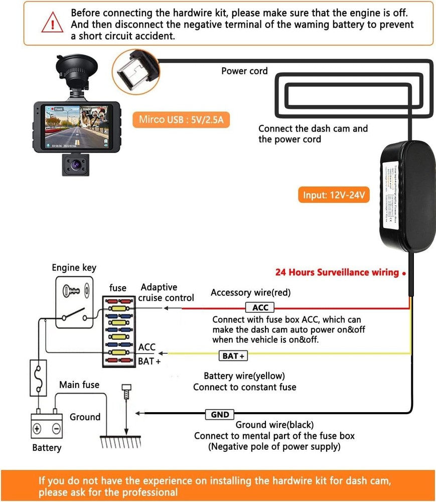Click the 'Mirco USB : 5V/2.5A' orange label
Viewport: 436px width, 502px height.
(181, 120)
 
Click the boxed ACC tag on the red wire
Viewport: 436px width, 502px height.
(260, 308)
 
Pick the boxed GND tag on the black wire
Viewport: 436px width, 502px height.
(220, 414)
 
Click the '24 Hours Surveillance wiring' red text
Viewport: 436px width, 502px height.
(337, 273)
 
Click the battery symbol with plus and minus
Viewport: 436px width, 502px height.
(47, 428)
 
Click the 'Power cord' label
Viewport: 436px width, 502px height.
(244, 71)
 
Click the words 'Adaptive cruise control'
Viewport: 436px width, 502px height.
(166, 292)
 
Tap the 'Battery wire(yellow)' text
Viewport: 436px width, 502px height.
(244, 376)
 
